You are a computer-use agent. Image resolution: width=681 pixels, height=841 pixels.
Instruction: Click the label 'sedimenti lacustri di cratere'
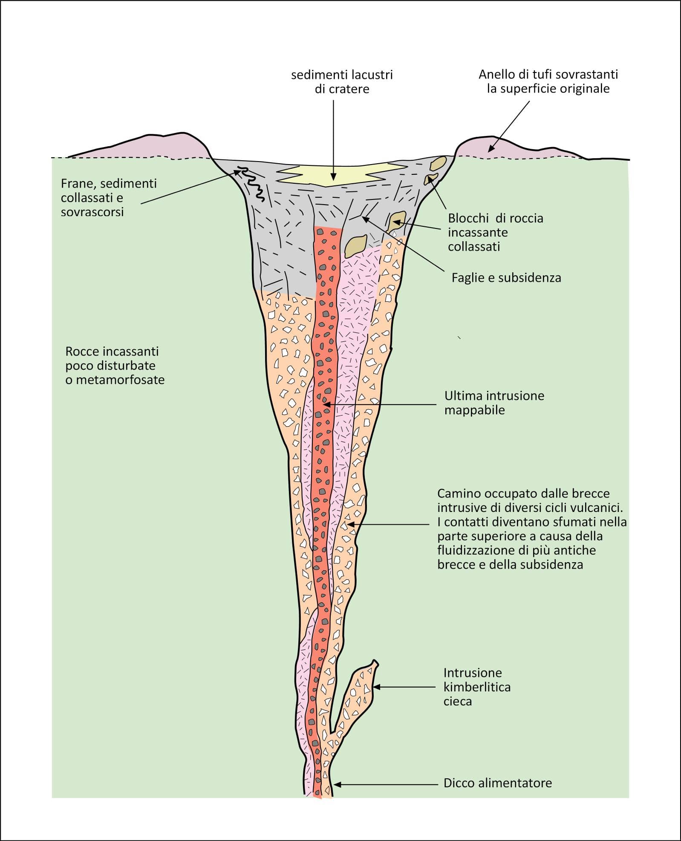click(342, 82)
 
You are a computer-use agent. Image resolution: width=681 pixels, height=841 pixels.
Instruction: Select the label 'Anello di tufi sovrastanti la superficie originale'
click(548, 81)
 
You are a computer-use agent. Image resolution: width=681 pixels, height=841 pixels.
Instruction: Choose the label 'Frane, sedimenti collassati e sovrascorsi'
click(109, 198)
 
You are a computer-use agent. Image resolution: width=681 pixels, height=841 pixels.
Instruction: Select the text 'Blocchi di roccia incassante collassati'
click(495, 232)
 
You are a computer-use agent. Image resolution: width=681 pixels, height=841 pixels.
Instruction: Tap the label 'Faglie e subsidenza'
click(506, 278)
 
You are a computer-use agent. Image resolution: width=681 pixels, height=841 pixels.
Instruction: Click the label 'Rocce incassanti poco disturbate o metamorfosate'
click(115, 366)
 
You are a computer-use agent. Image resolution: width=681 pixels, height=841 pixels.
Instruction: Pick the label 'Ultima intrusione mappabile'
click(494, 403)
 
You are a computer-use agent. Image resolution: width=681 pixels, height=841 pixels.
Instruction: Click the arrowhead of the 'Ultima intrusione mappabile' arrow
click(325, 404)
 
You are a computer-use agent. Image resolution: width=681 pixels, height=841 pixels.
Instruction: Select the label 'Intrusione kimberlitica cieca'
click(477, 687)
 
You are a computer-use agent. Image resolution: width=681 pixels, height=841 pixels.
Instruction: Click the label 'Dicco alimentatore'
click(497, 783)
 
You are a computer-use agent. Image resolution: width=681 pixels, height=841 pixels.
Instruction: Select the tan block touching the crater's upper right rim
click(438, 162)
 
